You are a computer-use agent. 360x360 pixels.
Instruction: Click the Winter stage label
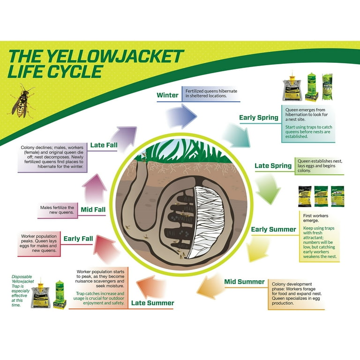(167, 95)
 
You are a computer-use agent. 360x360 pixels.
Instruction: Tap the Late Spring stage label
(273, 165)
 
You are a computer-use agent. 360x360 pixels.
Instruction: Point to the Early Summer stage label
(273, 229)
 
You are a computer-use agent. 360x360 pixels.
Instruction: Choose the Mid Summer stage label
(244, 281)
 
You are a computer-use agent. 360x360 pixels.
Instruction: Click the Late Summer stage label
(152, 303)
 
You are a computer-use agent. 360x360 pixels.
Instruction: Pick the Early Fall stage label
(78, 239)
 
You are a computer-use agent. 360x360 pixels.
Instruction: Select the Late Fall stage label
(104, 145)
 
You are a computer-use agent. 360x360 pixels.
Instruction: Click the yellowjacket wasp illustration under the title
(22, 100)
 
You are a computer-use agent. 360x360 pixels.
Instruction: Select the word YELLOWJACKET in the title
(118, 57)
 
